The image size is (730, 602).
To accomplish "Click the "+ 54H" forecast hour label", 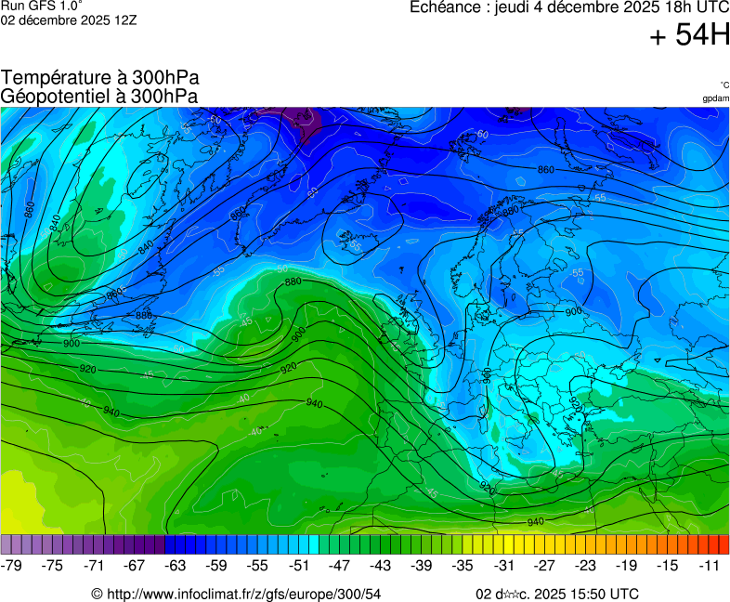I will [690, 35].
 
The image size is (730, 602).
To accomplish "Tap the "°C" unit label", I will [723, 85].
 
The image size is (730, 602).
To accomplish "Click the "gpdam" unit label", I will [715, 98].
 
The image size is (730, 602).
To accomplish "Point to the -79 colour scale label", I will [12, 565].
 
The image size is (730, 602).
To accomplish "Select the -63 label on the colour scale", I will [176, 565].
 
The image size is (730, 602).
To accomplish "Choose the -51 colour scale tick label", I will [299, 565].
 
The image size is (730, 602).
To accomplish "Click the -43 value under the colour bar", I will [381, 565].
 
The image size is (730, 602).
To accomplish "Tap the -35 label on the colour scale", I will [463, 565].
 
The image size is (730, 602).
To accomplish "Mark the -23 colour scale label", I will [586, 565].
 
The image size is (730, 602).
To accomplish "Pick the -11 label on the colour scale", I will [709, 565].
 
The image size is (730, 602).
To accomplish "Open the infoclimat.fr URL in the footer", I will [243, 594].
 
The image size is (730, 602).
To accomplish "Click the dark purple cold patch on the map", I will [299, 117].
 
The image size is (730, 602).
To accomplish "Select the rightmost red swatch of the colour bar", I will [723, 544].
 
